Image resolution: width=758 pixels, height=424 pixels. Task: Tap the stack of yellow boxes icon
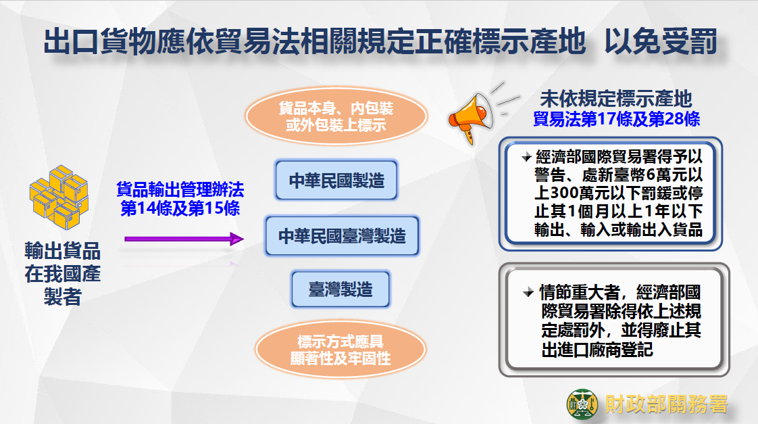(x=59, y=197)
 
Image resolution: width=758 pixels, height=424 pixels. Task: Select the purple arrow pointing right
(x=184, y=239)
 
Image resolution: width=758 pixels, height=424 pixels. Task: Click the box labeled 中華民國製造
(x=336, y=181)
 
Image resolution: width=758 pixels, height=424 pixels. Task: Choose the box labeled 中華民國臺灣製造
(x=342, y=236)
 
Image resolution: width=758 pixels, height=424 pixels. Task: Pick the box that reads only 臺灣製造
(x=340, y=289)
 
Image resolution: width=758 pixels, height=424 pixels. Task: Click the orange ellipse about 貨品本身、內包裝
(x=336, y=116)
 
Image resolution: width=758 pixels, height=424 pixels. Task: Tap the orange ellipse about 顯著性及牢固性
(x=340, y=350)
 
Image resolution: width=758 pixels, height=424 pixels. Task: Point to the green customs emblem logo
(x=582, y=404)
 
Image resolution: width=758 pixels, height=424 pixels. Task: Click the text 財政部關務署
(x=666, y=404)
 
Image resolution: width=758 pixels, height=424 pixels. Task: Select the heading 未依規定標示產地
(x=616, y=99)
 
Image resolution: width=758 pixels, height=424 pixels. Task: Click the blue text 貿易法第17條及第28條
(x=616, y=119)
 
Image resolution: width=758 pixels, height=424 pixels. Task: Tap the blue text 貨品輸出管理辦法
(x=180, y=189)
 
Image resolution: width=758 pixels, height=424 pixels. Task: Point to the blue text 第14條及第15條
(x=180, y=208)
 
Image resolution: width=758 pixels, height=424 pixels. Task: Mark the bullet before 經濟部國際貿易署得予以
(x=526, y=158)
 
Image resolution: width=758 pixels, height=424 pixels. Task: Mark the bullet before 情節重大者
(x=528, y=292)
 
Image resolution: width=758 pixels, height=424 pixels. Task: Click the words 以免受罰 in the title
(x=661, y=42)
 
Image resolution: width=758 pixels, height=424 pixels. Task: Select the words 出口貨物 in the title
(x=100, y=42)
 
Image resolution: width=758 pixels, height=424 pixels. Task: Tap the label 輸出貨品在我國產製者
(x=62, y=274)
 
